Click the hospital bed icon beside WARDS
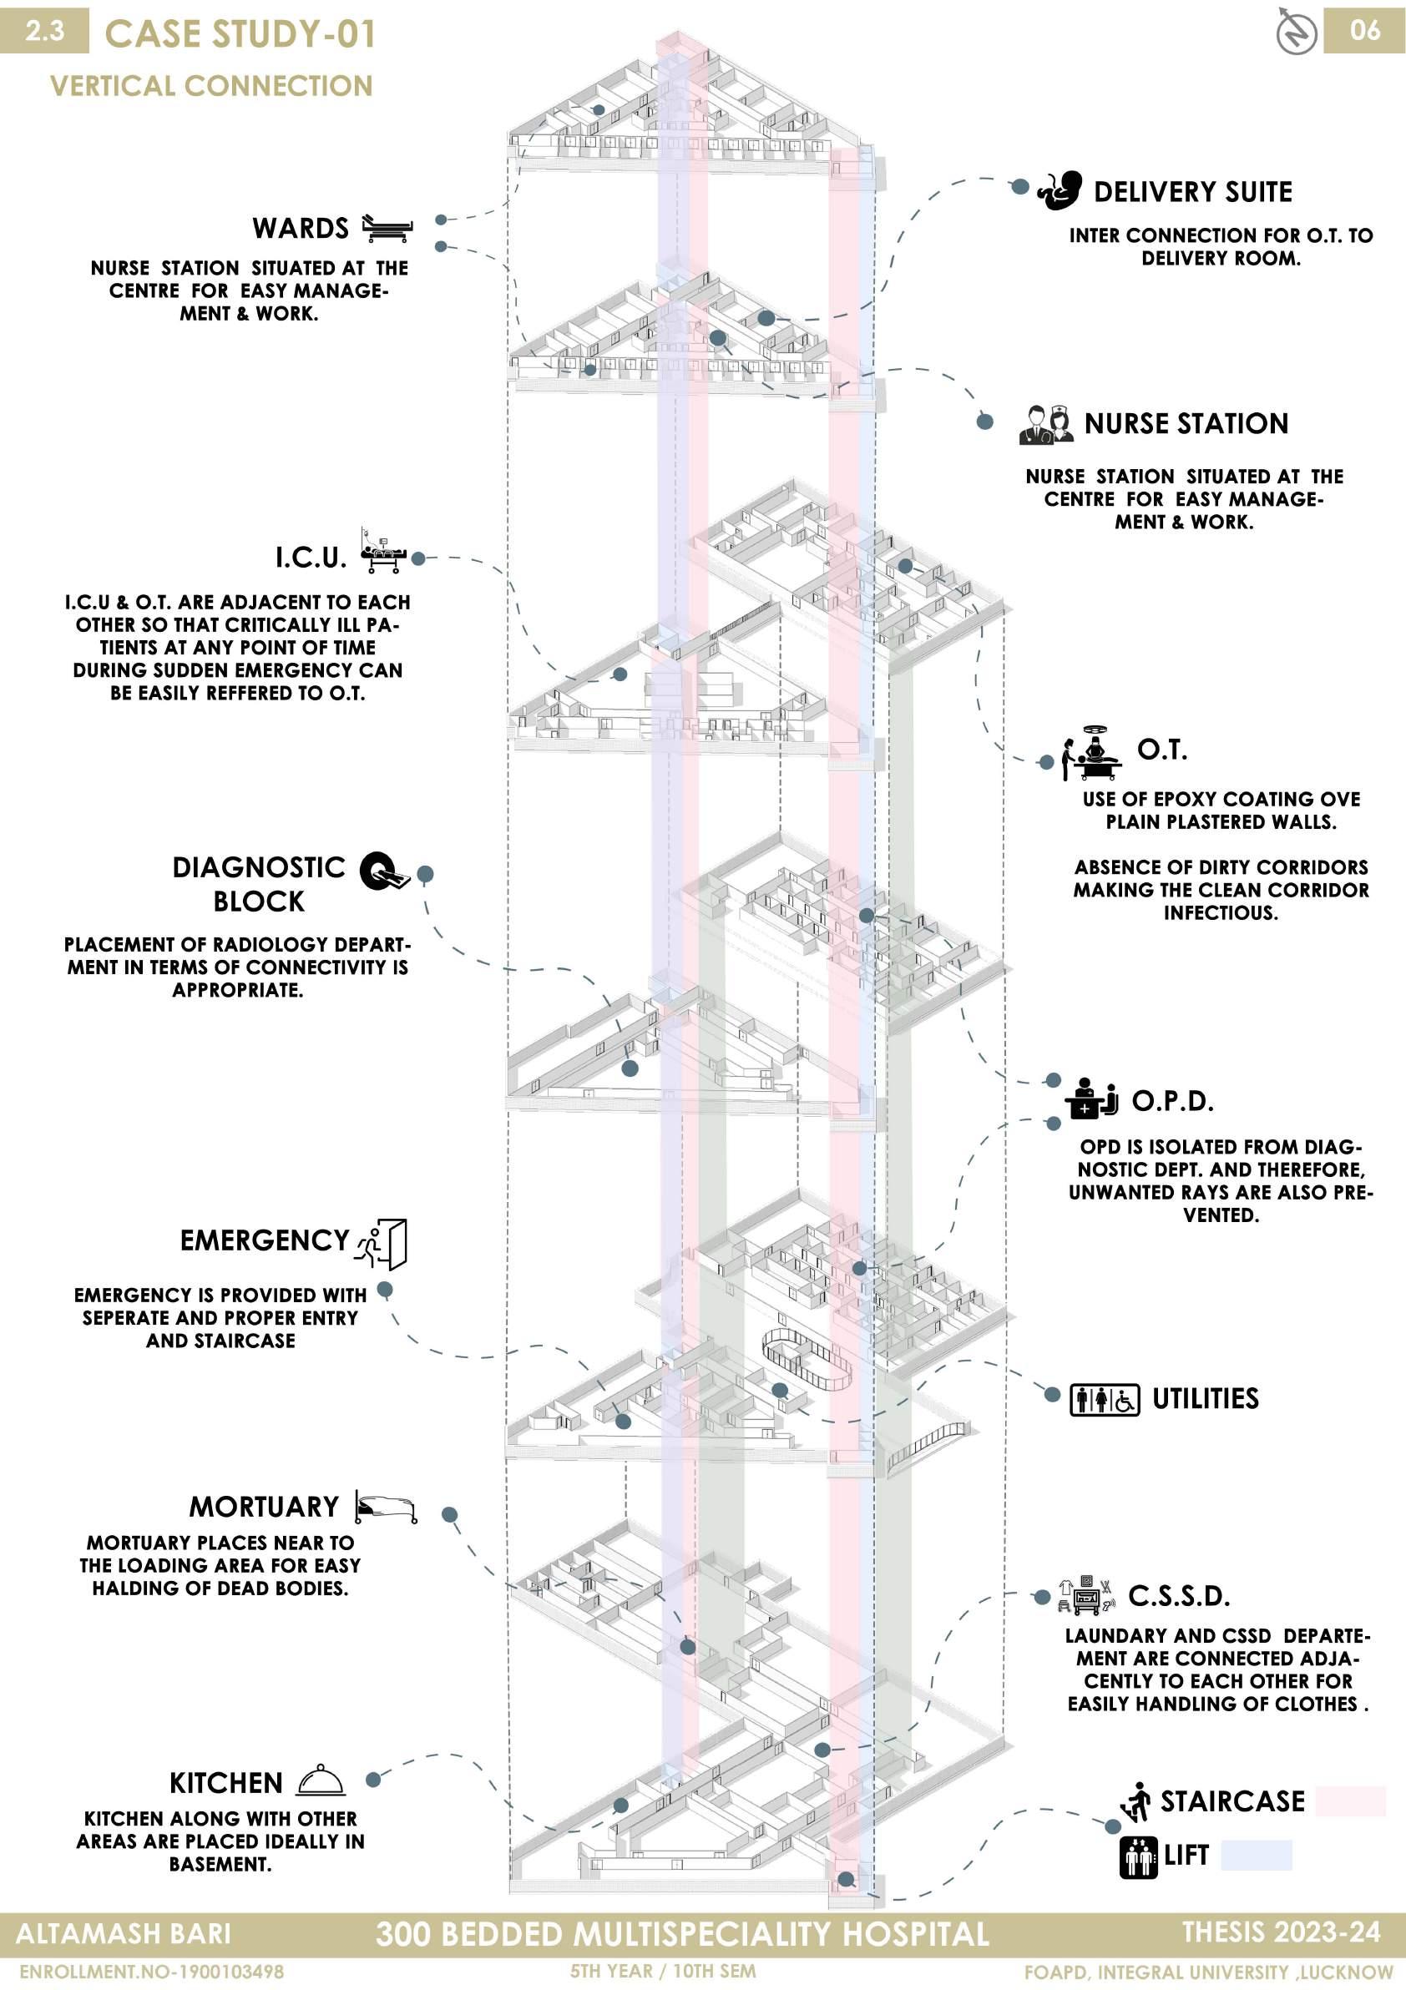pyautogui.click(x=387, y=228)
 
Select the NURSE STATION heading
pyautogui.click(x=1186, y=424)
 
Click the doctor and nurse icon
pyautogui.click(x=1046, y=425)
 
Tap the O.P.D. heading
pyautogui.click(x=1172, y=1102)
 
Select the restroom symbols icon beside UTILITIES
pyautogui.click(x=1104, y=1400)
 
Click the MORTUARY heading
pyautogui.click(x=265, y=1508)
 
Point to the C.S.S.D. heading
pyautogui.click(x=1179, y=1596)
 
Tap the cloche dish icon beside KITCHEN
pyautogui.click(x=321, y=1780)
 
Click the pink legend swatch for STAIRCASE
pyautogui.click(x=1350, y=1801)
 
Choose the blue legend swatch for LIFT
pyautogui.click(x=1256, y=1855)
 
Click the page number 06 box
pyautogui.click(x=1363, y=31)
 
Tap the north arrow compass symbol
pyautogui.click(x=1297, y=32)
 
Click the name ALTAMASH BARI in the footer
pyautogui.click(x=124, y=1934)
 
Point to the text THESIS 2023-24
pyautogui.click(x=1281, y=1932)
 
